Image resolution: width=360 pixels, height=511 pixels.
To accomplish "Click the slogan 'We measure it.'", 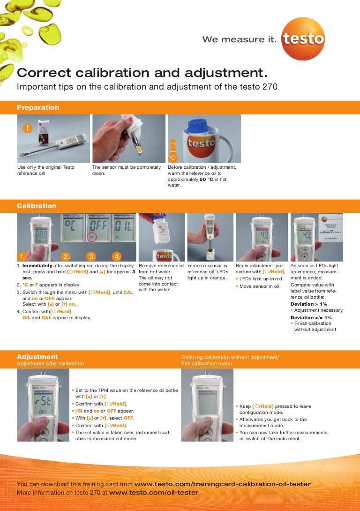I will pos(240,39).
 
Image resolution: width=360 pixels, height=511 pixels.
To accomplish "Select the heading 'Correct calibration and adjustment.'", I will pos(142,73).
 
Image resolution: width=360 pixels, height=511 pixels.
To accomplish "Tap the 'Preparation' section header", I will pos(38,107).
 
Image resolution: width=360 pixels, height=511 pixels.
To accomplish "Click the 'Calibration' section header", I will pos(37,206).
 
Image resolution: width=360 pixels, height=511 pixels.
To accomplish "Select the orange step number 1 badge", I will pos(22,256).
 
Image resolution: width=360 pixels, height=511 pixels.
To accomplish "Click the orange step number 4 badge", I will pos(117,256).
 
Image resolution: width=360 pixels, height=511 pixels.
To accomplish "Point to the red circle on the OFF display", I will pos(92,237).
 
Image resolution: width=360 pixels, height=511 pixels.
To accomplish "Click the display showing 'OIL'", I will pos(124,227).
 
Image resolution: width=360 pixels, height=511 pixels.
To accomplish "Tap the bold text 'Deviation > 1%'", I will pos(309,304).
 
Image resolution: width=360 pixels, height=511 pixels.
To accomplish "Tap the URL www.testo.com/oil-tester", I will pos(154,492).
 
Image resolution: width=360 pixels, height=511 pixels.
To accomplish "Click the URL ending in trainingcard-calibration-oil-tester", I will pos(223,484).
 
